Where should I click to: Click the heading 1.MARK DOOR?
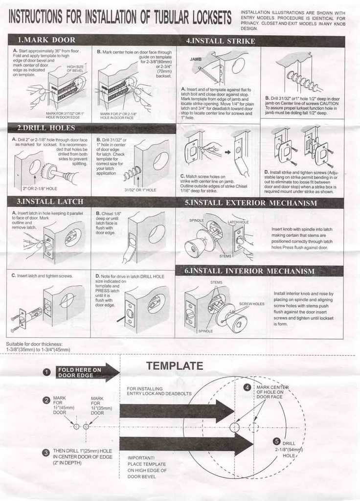(x=46, y=40)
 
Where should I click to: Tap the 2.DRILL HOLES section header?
(x=46, y=128)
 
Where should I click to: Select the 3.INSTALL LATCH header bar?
(x=50, y=202)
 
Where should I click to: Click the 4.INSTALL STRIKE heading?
(x=221, y=41)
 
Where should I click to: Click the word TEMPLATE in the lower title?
(x=175, y=366)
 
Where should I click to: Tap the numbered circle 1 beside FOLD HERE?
(x=46, y=373)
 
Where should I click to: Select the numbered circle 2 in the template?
(x=46, y=400)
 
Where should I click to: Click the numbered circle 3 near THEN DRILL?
(x=46, y=453)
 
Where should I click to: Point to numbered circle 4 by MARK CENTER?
(x=247, y=387)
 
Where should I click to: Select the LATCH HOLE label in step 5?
(x=238, y=222)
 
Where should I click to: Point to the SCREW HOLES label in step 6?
(x=251, y=304)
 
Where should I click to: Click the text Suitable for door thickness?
(x=34, y=344)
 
